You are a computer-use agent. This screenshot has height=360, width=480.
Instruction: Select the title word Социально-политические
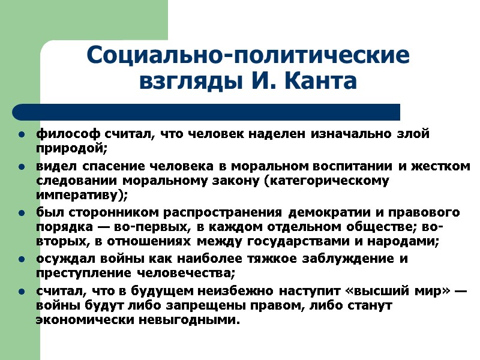[248, 55]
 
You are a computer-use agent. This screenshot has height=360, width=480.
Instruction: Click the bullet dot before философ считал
[22, 134]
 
